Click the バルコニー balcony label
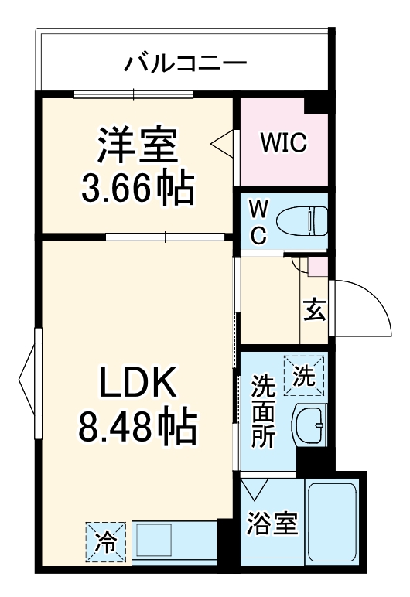[186, 62]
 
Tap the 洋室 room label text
[137, 145]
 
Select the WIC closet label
[283, 142]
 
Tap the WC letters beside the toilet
[260, 221]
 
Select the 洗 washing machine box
[304, 376]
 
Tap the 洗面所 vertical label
[262, 410]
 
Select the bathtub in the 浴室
[332, 524]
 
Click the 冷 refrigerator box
[104, 538]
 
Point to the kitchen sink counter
[173, 538]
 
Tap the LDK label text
[137, 381]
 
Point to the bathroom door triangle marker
[254, 490]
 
